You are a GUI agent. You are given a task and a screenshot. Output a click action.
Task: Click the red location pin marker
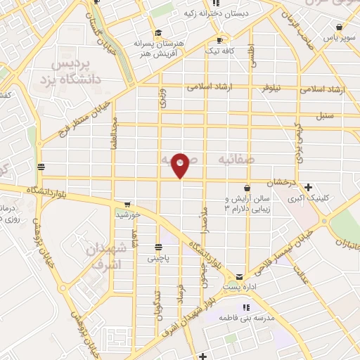click(181, 165)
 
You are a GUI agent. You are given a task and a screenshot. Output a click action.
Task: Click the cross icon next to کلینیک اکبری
click(309, 187)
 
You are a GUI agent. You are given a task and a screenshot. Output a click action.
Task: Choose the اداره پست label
click(240, 288)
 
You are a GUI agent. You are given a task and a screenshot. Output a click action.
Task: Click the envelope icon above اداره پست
click(240, 276)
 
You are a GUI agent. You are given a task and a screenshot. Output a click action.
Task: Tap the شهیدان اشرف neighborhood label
click(108, 257)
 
